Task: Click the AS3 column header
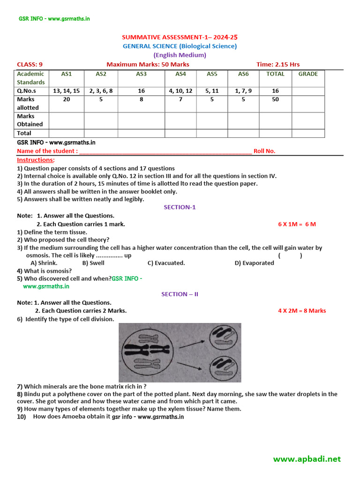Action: click(x=141, y=74)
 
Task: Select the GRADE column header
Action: click(x=307, y=74)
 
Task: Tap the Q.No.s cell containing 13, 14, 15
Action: click(x=66, y=91)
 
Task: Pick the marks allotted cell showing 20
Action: click(x=66, y=99)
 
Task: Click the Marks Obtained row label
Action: click(x=30, y=120)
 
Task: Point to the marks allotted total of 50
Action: click(x=275, y=99)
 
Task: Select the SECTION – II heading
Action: click(x=180, y=294)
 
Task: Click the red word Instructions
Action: click(x=36, y=160)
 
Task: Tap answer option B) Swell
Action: click(x=93, y=263)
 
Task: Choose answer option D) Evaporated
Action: click(x=254, y=263)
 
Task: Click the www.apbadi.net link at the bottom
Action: click(x=307, y=459)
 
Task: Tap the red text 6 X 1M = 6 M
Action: click(x=297, y=224)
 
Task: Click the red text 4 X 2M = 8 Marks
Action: click(x=301, y=311)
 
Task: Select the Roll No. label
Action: click(x=264, y=151)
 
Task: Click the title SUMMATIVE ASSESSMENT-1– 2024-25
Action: click(x=180, y=37)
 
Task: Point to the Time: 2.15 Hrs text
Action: click(x=278, y=64)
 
